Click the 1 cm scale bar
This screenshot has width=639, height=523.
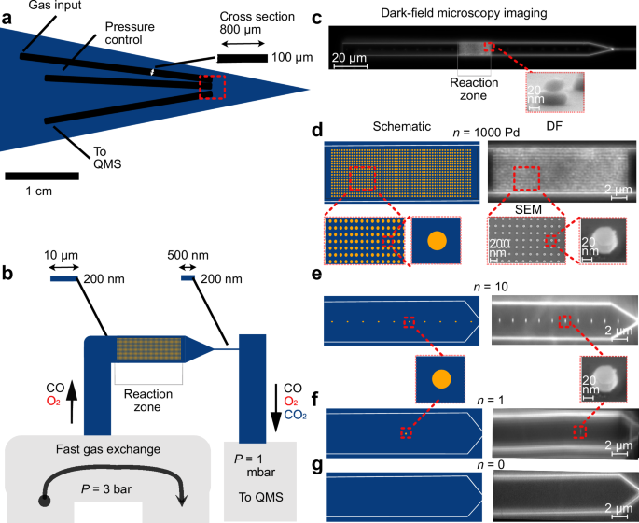pyautogui.click(x=41, y=175)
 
